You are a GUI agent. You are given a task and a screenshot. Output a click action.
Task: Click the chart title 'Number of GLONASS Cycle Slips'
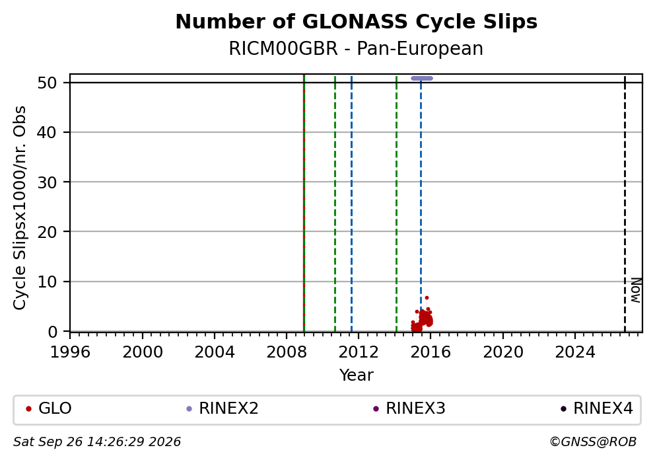coord(357,22)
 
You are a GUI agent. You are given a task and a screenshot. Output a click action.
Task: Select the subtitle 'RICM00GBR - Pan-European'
coord(357,48)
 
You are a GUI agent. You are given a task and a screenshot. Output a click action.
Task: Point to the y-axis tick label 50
coord(47,83)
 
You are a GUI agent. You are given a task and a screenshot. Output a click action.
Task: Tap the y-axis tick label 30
coord(47,182)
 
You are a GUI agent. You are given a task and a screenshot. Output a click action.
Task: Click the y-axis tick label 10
coord(47,282)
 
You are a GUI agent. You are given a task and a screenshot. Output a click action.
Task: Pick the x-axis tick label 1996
coord(70,352)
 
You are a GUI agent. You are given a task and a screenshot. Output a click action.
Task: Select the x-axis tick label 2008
coord(287,352)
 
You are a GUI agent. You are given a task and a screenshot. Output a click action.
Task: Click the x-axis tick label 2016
coord(431,352)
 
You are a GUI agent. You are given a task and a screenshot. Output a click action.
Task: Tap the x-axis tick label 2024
coord(575,352)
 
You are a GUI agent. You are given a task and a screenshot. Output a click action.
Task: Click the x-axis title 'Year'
coord(357,375)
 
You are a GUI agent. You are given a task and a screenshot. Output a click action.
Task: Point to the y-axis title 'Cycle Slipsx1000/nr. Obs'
coord(20,208)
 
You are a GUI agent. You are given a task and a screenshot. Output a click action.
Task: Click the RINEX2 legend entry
coord(223,408)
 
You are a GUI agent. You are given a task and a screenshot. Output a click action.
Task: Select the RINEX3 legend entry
coord(409,408)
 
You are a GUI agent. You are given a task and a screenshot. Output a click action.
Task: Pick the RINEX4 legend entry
coord(596,408)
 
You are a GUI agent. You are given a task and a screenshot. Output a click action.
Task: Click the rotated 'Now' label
coord(635,290)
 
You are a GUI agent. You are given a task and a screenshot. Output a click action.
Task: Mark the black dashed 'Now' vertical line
coord(625,204)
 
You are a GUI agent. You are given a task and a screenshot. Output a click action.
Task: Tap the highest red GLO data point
coord(427,297)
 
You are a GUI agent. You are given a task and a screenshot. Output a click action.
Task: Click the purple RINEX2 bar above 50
coord(422,78)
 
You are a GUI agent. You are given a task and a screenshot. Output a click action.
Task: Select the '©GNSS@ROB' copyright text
coord(593,442)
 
